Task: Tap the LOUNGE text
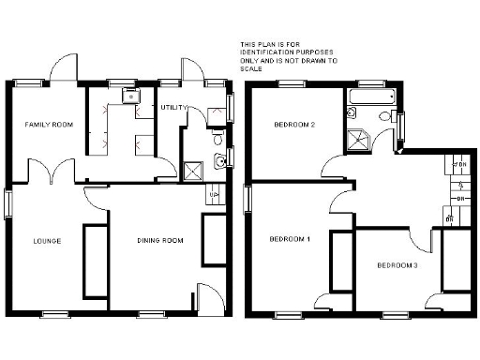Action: [x=47, y=241]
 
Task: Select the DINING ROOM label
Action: [x=159, y=241]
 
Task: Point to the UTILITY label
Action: [x=174, y=108]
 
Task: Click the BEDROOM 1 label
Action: [x=291, y=239]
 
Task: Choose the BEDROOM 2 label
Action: [x=293, y=124]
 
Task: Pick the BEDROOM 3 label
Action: [x=397, y=265]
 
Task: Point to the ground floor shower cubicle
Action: [x=194, y=170]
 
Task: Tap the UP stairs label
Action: [x=214, y=196]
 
